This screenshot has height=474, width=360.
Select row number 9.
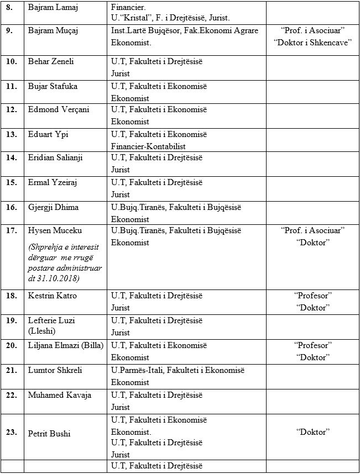coord(9,31)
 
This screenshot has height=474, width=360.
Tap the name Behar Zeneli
coord(47,62)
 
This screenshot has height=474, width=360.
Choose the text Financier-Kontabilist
coord(148,146)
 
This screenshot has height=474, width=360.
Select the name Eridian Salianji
coord(55,158)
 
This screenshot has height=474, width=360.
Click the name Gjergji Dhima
coord(53,208)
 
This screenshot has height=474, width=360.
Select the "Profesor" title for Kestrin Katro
coord(312,296)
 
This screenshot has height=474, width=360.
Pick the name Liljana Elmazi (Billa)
coord(65,346)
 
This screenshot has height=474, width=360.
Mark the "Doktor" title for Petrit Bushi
coord(312,432)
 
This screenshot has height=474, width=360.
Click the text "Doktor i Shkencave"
coord(312,43)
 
